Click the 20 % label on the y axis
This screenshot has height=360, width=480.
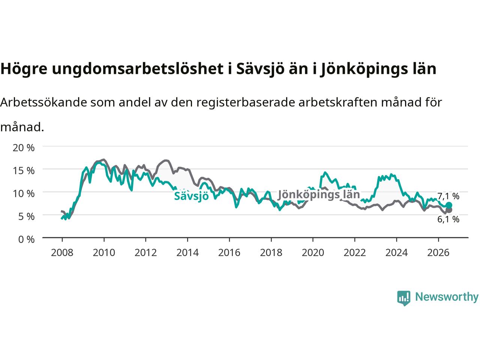tap(24, 148)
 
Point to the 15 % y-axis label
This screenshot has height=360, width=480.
tap(24, 171)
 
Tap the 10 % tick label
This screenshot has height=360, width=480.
tap(24, 193)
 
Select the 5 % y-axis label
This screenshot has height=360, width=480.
tap(27, 217)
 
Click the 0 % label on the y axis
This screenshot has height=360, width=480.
tap(27, 240)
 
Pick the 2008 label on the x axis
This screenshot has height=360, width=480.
tap(62, 253)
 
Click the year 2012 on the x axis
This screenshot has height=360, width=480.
tap(145, 253)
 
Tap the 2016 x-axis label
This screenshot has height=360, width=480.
tap(229, 253)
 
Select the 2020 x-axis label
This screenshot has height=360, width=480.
tap(313, 253)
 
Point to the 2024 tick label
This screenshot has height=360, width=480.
tap(396, 253)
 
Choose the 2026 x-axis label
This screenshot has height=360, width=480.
tap(438, 253)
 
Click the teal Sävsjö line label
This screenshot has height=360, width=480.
tap(191, 196)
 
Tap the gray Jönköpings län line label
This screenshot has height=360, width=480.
tap(319, 195)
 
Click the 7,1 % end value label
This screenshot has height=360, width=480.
tap(448, 196)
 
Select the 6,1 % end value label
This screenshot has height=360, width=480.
tap(448, 219)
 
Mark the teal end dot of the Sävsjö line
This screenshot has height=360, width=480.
tap(449, 205)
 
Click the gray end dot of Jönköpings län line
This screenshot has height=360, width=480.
tap(449, 210)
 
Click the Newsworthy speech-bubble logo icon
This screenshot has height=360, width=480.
tap(403, 298)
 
